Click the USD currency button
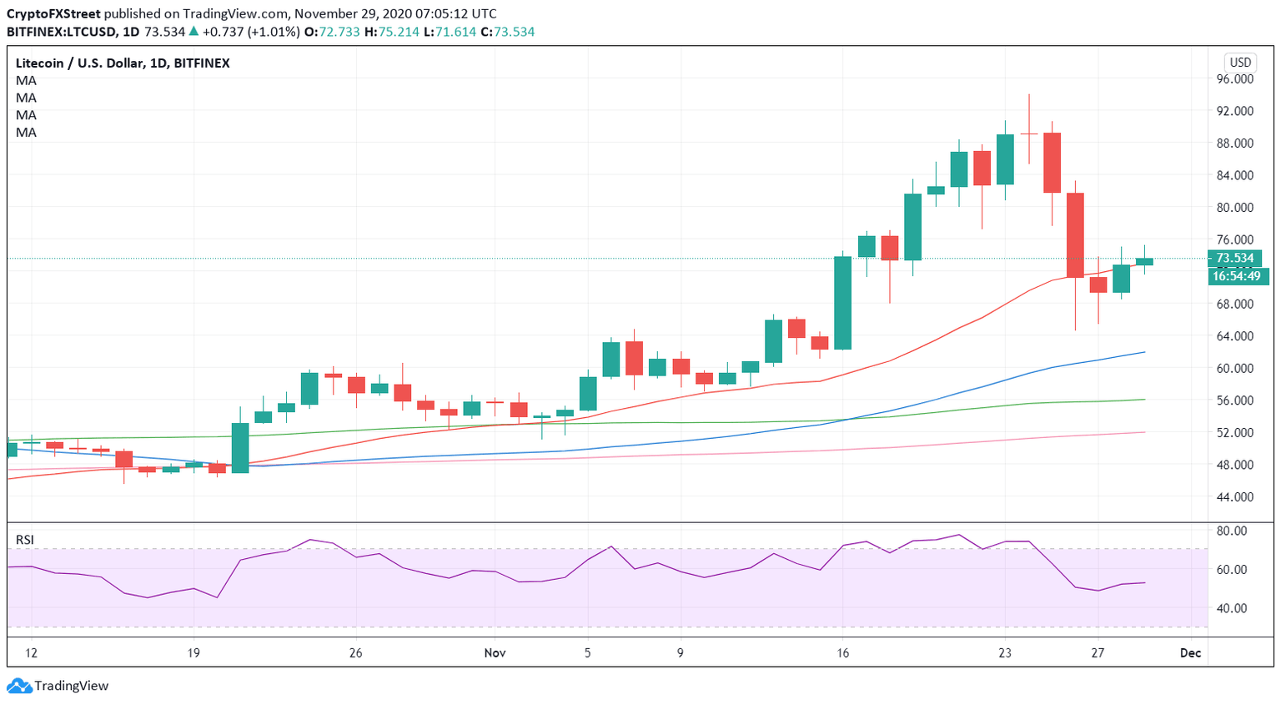pos(1240,63)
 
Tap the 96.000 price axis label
pos(1235,79)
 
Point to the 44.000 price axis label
pos(1235,497)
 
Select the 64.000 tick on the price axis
pos(1235,336)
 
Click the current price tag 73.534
pos(1234,259)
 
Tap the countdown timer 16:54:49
pos(1237,276)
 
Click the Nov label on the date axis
pos(495,653)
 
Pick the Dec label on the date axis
pos(1190,653)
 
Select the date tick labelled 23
pos(1005,653)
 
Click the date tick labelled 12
pos(31,653)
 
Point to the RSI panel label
pos(25,540)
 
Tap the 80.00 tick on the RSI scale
pos(1232,531)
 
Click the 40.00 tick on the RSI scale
pos(1232,608)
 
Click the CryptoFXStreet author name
pos(53,14)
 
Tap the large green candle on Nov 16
pos(843,302)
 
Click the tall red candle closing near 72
pos(1075,235)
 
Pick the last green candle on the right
pos(1144,262)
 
